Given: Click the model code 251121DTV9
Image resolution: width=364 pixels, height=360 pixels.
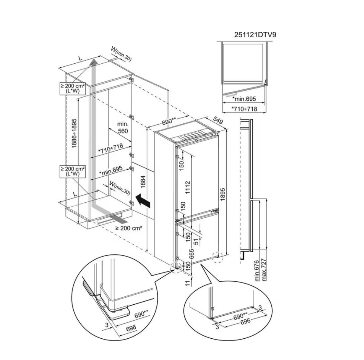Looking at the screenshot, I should (255, 35).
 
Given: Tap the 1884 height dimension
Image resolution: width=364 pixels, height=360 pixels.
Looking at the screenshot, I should (143, 182).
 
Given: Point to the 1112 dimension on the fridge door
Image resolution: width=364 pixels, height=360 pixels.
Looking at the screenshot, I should (187, 187).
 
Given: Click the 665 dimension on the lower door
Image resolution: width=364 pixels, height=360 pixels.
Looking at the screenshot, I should (191, 254).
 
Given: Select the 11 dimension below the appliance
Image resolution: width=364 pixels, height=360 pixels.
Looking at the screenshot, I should (188, 283).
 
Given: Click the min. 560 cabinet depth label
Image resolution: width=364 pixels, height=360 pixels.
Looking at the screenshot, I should (123, 127).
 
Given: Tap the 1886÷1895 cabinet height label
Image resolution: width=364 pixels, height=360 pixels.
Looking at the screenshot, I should (74, 133).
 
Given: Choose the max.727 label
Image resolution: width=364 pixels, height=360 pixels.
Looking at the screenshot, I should (264, 269).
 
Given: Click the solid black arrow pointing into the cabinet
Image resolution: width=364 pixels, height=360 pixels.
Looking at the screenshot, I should (143, 200).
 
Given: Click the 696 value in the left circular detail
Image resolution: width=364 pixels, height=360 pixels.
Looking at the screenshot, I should (131, 328).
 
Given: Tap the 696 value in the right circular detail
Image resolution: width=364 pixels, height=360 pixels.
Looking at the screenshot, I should (245, 321).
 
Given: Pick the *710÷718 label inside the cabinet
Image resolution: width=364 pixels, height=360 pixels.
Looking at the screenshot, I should (111, 149).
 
